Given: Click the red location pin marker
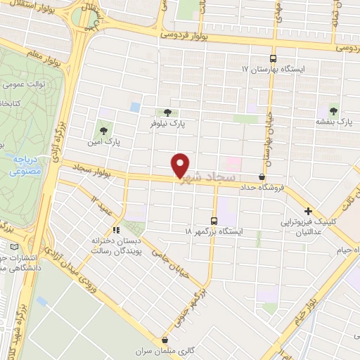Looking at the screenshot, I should pos(181,165).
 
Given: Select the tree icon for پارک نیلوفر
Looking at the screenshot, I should pos(167,112).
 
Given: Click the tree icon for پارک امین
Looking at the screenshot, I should pos(104,130).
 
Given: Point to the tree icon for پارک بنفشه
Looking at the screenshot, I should pos(333,111).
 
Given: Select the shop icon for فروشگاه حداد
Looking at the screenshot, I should pos(262,176).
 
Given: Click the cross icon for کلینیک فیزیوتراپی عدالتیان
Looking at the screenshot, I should pos(308,211).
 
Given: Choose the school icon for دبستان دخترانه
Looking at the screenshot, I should pos(117,229).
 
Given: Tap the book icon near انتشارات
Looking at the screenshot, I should pos(16,247).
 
